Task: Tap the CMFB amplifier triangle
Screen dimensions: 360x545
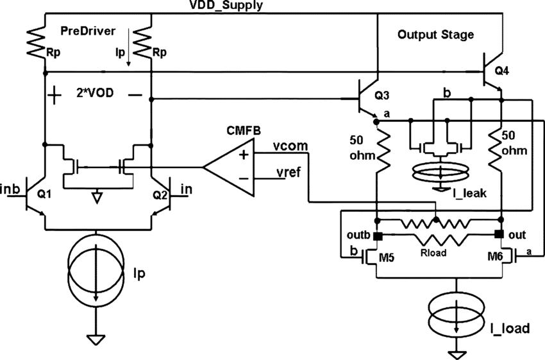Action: point(228,167)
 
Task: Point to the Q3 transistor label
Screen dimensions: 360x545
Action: point(382,97)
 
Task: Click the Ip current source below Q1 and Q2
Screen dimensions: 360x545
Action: point(96,270)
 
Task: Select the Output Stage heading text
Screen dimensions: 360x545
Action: point(435,35)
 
